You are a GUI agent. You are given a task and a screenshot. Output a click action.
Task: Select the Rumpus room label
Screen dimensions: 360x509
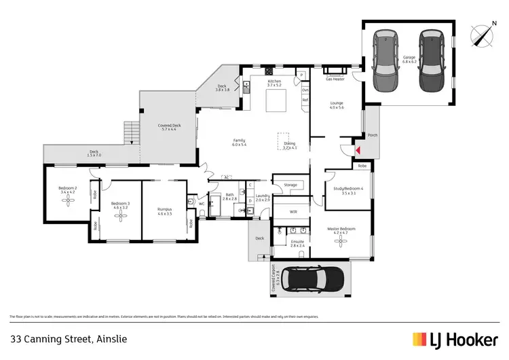[165, 211]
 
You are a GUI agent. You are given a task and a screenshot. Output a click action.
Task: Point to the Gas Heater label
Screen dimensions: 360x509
[335, 79]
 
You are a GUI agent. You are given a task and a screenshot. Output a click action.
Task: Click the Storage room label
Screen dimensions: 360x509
[290, 185]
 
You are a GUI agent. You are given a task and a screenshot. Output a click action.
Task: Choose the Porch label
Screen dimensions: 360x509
[373, 135]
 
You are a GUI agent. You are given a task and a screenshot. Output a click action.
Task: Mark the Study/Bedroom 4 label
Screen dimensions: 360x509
[349, 190]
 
